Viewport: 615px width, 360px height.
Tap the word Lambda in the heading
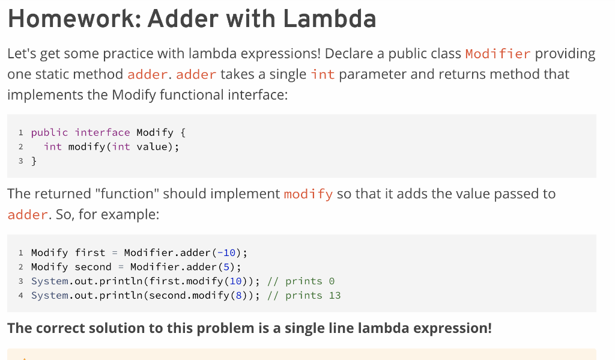[x=330, y=19]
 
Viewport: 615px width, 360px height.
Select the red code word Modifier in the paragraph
[x=498, y=53]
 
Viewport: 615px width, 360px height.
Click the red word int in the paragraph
[x=323, y=75]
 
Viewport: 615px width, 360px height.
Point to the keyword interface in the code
[x=102, y=132]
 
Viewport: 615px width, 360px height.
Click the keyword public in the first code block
[x=49, y=132]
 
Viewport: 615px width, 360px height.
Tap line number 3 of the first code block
[x=21, y=161]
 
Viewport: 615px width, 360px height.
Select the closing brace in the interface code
[x=34, y=161]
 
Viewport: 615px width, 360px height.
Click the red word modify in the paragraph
[x=308, y=194]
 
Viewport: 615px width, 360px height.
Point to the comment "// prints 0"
[x=301, y=281]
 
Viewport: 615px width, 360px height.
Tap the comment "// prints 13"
[x=304, y=296]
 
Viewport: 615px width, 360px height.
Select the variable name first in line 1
[x=90, y=252]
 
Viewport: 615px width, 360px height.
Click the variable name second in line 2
[x=93, y=267]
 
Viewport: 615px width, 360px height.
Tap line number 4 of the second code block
[x=21, y=296]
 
